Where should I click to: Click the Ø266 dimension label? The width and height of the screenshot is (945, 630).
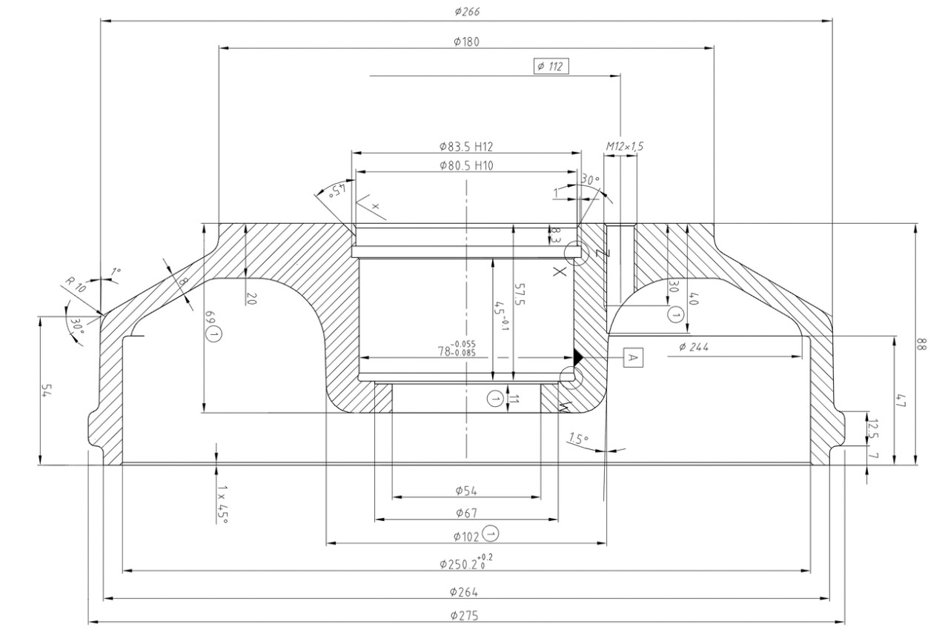tap(466, 12)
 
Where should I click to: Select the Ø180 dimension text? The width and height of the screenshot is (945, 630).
tap(466, 42)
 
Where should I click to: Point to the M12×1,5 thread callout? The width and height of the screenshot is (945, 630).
tap(624, 146)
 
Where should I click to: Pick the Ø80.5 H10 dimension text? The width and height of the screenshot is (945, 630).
tap(466, 165)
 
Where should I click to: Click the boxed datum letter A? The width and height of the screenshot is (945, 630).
tap(632, 358)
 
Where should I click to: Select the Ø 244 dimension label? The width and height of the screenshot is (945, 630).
tap(695, 347)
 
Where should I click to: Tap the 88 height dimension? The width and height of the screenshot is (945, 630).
tap(921, 344)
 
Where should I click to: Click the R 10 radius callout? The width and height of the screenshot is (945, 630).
tap(76, 285)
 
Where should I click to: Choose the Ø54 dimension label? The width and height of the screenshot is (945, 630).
tap(465, 490)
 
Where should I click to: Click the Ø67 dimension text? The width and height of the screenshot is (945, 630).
tap(465, 513)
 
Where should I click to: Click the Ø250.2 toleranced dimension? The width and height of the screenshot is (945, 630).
tap(465, 563)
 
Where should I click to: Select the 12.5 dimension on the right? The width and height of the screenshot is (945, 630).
tap(872, 428)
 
